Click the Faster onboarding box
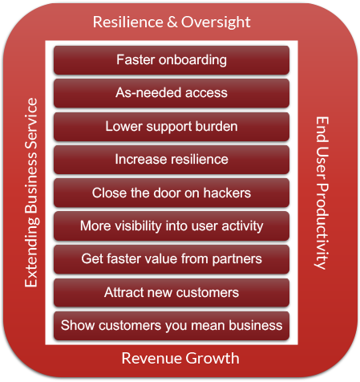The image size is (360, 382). pos(172,60)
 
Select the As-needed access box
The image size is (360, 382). pos(172,93)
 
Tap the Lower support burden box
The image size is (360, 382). pos(172,127)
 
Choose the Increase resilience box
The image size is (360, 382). pos(172,160)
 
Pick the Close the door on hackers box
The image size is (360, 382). pos(172,193)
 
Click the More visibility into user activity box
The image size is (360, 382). pos(172,226)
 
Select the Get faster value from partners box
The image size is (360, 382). pos(172,259)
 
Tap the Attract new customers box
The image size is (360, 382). pos(172,292)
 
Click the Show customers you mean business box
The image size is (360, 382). pos(172,326)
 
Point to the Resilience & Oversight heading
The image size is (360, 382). pos(172,22)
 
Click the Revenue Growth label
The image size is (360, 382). pos(180,358)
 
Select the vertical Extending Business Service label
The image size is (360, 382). pos(31,193)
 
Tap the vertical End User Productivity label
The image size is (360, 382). pos(322,193)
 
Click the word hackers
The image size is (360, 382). pos(227,193)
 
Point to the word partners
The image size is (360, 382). pos(237,259)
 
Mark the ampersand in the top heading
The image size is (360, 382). pos(172,22)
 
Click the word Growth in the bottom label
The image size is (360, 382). pos(212,358)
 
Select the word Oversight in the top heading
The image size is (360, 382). pos(216,22)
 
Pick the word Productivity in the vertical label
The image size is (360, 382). pos(322,226)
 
